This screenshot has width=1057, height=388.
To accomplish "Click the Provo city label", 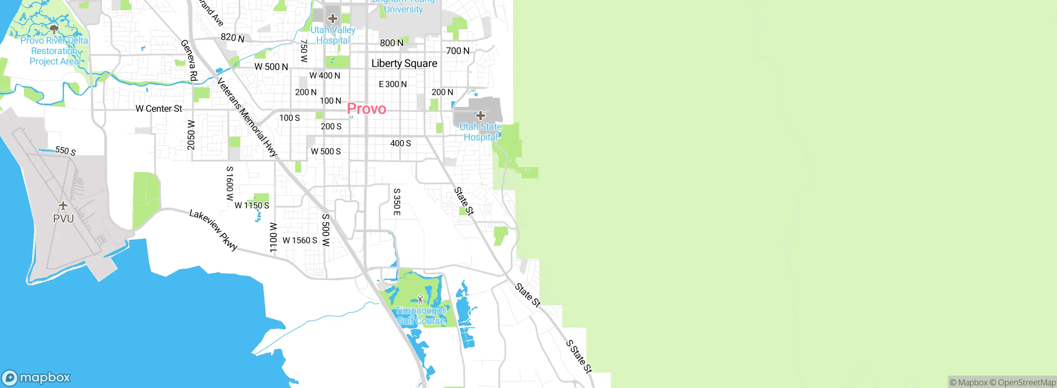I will (367, 109).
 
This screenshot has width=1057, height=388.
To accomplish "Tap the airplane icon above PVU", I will (63, 205).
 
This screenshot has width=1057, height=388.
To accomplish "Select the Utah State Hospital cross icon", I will (480, 116).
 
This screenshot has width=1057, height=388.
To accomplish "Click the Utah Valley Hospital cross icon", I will (332, 19).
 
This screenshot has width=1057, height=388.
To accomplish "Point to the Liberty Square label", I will (404, 64).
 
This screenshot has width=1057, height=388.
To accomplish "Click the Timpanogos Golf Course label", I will (421, 316).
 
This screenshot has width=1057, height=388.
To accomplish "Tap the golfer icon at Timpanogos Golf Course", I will (420, 299).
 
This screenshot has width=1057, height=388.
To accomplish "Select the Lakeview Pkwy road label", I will (213, 230).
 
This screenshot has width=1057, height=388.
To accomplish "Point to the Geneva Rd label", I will (190, 60).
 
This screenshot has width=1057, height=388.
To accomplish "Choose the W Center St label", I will (159, 109).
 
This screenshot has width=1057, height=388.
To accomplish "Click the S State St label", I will (579, 357).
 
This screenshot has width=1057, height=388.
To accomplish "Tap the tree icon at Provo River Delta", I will (54, 29).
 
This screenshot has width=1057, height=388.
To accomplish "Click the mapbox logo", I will (36, 378).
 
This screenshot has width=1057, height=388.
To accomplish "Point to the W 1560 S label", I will (300, 240).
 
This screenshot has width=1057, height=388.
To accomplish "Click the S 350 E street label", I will (396, 202).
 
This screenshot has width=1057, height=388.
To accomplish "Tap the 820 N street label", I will (232, 38).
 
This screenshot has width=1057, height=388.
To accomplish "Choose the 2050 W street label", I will (191, 135).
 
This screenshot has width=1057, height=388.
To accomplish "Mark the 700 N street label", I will (457, 51).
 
